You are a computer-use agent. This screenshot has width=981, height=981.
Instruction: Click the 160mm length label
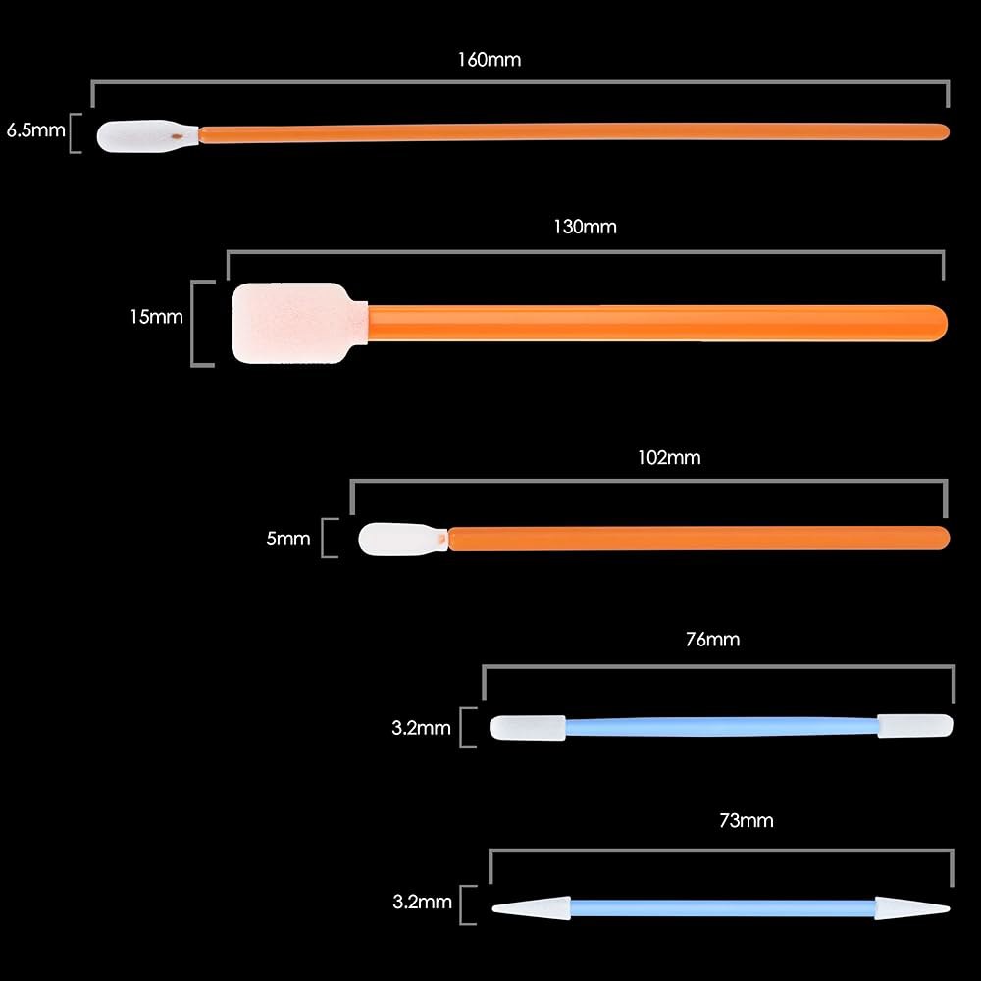[490, 60]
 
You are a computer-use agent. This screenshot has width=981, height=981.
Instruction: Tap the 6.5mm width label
[35, 130]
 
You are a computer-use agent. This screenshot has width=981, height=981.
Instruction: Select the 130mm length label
[585, 227]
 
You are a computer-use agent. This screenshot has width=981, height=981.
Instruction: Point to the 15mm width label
[156, 317]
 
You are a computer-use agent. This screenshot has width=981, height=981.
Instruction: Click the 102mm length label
[669, 457]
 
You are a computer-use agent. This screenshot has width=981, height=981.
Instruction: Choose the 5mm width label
[288, 539]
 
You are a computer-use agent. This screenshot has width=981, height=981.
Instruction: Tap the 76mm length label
[712, 639]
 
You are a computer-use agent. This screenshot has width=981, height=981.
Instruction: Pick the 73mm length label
[747, 820]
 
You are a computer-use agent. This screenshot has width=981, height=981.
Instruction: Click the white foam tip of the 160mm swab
[147, 135]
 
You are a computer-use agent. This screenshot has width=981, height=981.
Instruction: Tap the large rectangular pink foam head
[299, 323]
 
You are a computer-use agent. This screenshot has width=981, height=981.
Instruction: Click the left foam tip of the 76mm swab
[528, 728]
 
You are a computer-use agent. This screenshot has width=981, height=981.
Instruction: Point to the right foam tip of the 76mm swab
[915, 726]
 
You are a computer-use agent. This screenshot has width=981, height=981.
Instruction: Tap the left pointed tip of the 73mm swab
[492, 908]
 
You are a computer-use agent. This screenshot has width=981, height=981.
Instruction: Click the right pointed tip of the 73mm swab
[950, 908]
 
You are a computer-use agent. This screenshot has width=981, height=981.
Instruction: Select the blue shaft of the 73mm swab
[723, 907]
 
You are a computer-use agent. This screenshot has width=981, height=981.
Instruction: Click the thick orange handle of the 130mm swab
[657, 323]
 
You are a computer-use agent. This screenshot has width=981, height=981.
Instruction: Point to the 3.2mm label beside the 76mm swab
[421, 728]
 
